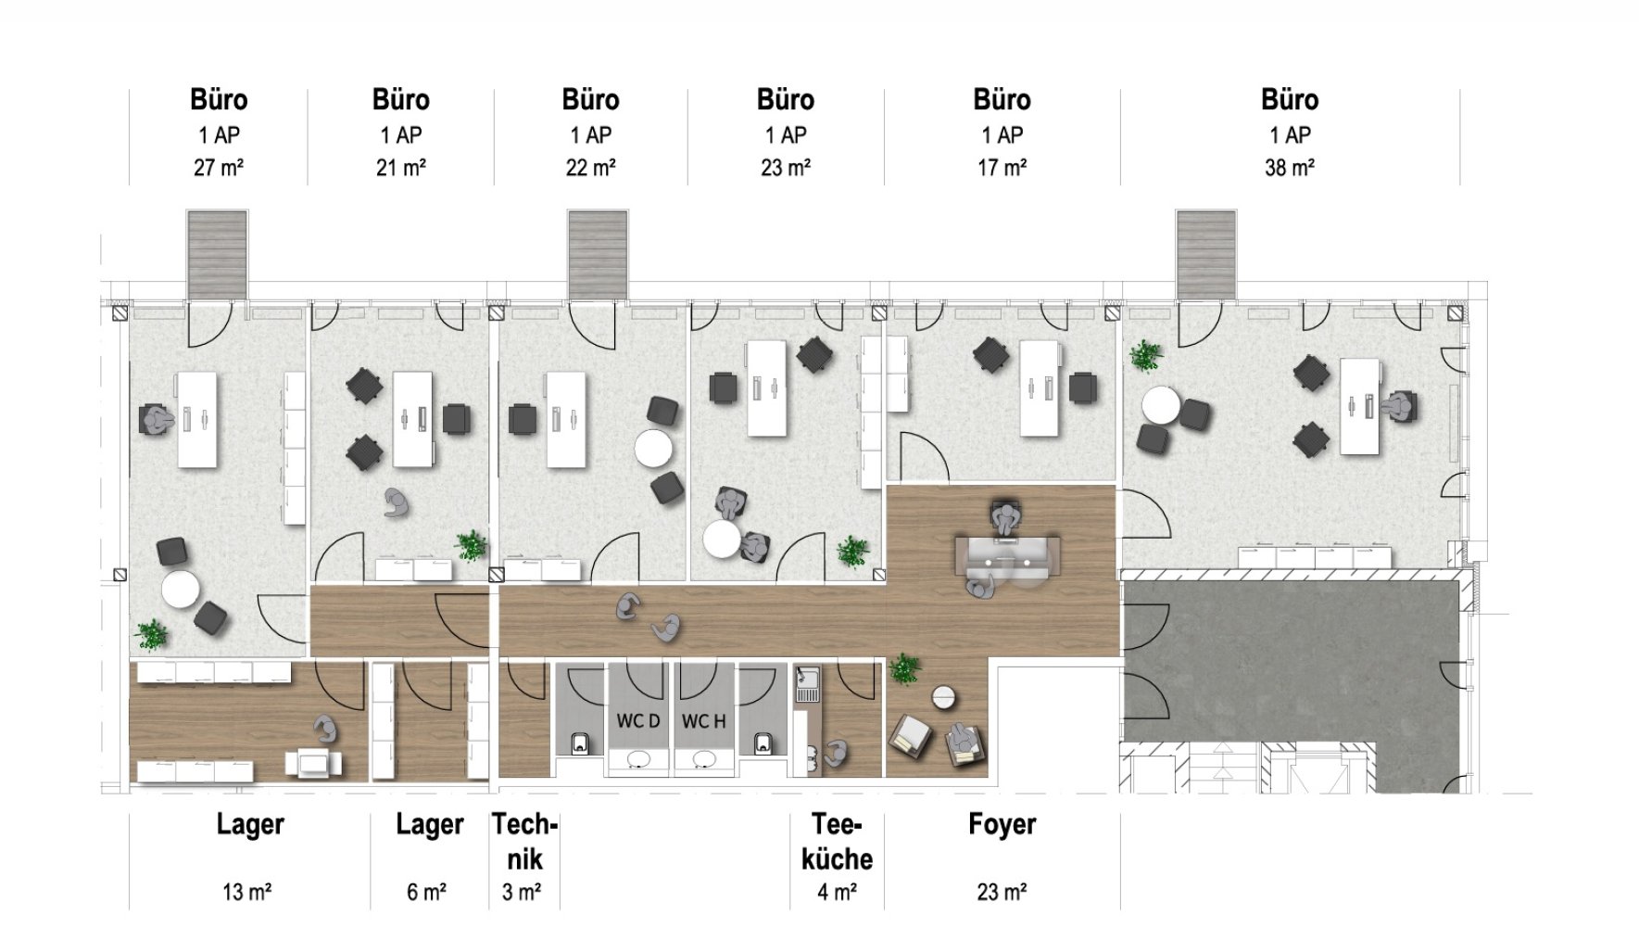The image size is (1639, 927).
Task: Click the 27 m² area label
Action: click(219, 168)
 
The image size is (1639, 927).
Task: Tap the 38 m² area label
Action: click(1290, 168)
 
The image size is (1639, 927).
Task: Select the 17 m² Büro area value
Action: click(1002, 168)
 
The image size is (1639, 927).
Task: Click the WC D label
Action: click(638, 720)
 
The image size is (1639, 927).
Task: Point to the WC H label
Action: click(704, 720)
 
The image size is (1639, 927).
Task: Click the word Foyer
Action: click(1002, 824)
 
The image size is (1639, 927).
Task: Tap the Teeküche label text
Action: click(837, 842)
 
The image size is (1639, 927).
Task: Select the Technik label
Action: click(524, 842)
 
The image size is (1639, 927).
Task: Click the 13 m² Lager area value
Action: click(246, 893)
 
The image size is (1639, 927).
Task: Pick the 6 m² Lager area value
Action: click(426, 893)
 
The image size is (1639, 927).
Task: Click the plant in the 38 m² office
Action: click(1146, 355)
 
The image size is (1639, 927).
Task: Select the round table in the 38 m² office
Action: click(1161, 406)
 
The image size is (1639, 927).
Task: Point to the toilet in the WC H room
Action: click(763, 742)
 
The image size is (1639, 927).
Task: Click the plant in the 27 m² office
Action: click(151, 636)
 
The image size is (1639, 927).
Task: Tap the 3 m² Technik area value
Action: click(522, 893)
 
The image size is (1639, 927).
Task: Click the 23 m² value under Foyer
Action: click(1002, 893)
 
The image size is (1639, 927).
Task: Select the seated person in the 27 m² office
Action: click(156, 420)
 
